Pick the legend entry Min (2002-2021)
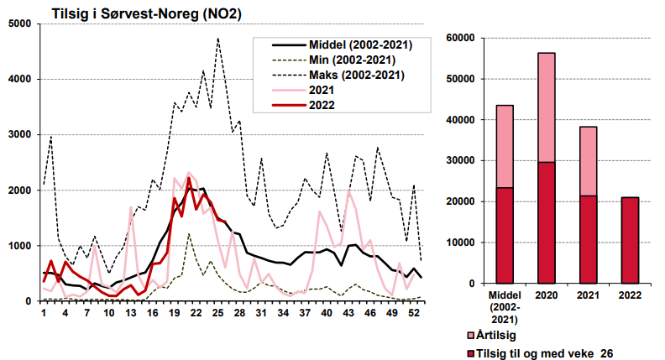(352, 60)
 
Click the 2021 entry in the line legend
(322, 90)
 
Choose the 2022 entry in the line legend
(322, 105)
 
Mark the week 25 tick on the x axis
(217, 312)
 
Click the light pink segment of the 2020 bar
(547, 107)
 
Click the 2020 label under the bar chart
(547, 295)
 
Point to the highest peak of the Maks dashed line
(217, 39)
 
